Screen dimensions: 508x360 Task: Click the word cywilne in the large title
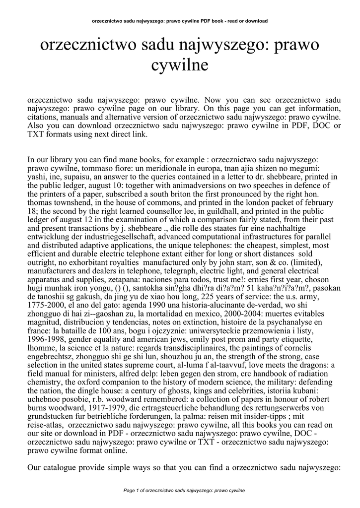pyautogui.click(x=180, y=64)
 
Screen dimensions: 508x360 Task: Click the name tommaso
pyautogui.click(x=86, y=168)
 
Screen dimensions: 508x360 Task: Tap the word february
pyautogui.click(x=317, y=202)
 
